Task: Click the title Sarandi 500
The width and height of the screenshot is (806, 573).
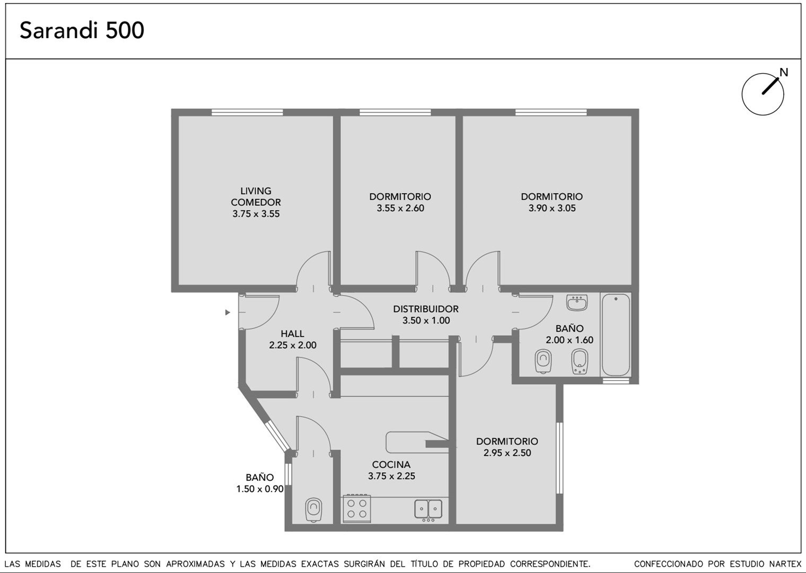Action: click(x=82, y=30)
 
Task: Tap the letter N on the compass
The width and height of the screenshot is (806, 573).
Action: click(x=784, y=73)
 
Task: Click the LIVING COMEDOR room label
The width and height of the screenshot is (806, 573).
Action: click(x=256, y=196)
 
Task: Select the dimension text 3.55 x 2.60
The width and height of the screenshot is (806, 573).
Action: click(x=400, y=208)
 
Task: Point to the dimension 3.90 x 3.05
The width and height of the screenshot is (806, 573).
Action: click(x=552, y=208)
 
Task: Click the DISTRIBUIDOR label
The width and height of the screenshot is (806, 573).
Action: click(x=426, y=309)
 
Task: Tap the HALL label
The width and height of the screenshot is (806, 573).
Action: click(x=293, y=334)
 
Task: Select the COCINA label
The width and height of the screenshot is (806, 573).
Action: click(x=391, y=464)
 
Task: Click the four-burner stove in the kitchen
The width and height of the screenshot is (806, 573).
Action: click(x=356, y=508)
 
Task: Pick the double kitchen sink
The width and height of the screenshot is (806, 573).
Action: click(x=428, y=509)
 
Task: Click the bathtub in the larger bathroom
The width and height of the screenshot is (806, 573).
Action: click(x=616, y=335)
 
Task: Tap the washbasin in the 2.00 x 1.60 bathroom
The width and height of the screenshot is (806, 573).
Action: click(x=577, y=303)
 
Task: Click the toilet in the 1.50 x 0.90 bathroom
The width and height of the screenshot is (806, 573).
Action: click(x=313, y=509)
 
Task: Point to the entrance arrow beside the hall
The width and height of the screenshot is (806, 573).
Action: click(x=227, y=312)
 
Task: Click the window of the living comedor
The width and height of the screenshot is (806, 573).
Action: click(x=247, y=112)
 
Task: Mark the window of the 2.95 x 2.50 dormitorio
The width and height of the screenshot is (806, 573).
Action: click(x=559, y=457)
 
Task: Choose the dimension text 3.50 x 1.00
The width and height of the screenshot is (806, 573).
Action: click(x=426, y=320)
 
